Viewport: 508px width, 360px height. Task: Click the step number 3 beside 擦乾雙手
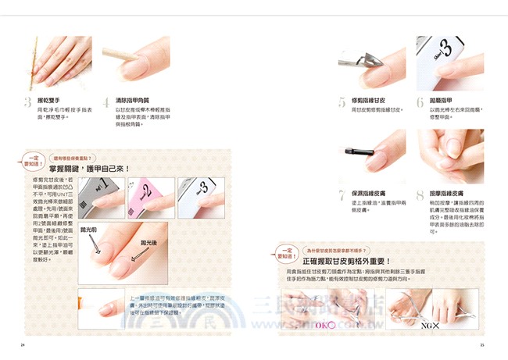[29, 103]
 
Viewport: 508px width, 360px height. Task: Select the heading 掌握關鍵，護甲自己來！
[88, 169]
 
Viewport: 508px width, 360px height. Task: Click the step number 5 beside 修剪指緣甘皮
[342, 103]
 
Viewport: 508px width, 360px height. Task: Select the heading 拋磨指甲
[443, 101]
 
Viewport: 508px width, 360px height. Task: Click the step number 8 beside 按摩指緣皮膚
[420, 194]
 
